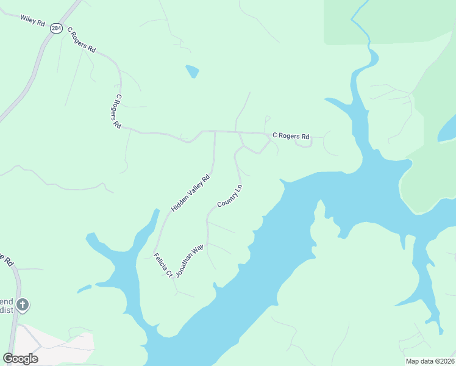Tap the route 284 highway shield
pos(56,29)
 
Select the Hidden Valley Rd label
pos(190,193)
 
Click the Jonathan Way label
pos(189,262)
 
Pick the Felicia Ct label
pos(162,265)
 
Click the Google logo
pos(20,359)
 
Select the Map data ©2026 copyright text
pos(430,361)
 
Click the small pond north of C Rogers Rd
pos(193,71)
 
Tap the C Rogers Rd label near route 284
pos(81,39)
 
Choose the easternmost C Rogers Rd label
pos(291,136)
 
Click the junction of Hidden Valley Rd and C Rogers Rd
pos(215,131)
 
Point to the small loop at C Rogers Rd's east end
pos(304,142)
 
